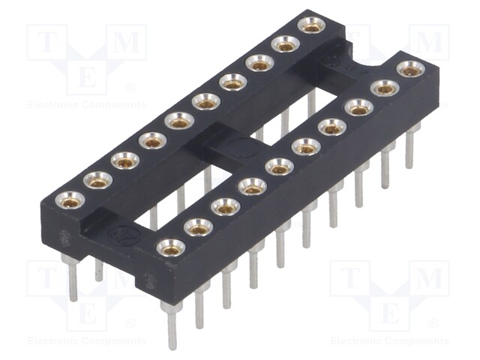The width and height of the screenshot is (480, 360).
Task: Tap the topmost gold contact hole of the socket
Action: tap(310, 25)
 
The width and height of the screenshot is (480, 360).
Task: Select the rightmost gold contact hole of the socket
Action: tap(410, 69)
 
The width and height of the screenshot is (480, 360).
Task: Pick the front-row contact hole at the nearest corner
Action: tap(172, 246)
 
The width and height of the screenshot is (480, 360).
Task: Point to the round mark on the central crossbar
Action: tap(239, 146)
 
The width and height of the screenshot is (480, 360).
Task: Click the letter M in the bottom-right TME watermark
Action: tap(430, 280)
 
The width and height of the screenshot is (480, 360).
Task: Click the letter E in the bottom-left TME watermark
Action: tap(87, 313)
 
